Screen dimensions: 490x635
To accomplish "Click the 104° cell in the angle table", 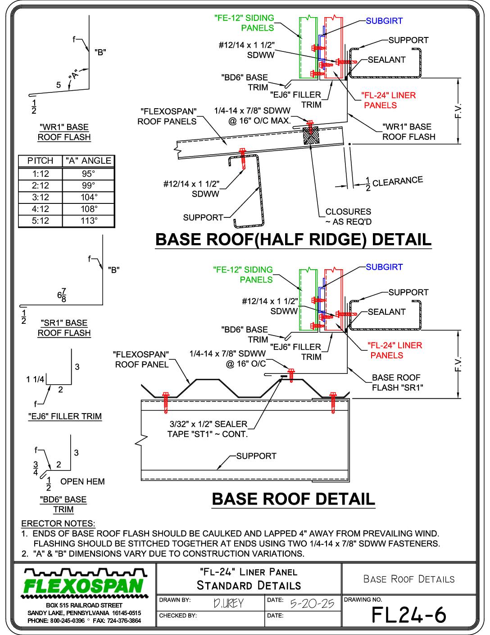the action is point(88,197).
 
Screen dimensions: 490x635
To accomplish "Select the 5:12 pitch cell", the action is point(40,221).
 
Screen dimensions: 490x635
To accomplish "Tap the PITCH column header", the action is point(40,161).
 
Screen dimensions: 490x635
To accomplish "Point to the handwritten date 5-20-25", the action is point(312,603).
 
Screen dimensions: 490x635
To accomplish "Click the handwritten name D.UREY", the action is point(228,603).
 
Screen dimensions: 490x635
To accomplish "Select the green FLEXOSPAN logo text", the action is point(84,586).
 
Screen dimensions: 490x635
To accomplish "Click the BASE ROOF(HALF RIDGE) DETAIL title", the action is point(293,239).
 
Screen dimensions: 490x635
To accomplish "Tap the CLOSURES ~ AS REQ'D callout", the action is point(349,216).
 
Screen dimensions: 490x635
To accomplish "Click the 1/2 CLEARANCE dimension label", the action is point(394,183).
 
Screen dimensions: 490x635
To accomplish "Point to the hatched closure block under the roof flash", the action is point(311,135).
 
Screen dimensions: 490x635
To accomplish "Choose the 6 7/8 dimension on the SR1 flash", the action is point(62,295).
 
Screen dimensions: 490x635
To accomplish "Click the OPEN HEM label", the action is point(82,481).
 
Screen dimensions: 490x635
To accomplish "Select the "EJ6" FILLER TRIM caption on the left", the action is point(65,416).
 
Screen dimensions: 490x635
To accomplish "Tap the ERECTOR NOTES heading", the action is point(58,523).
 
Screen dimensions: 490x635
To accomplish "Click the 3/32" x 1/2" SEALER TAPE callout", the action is point(208,429).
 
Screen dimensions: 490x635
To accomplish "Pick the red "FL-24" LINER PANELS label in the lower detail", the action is point(395,350).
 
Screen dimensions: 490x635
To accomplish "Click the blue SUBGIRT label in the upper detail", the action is point(384,21).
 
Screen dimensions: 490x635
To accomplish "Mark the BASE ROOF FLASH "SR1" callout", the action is point(398,382).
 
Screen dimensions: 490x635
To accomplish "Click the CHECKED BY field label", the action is point(178,616).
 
